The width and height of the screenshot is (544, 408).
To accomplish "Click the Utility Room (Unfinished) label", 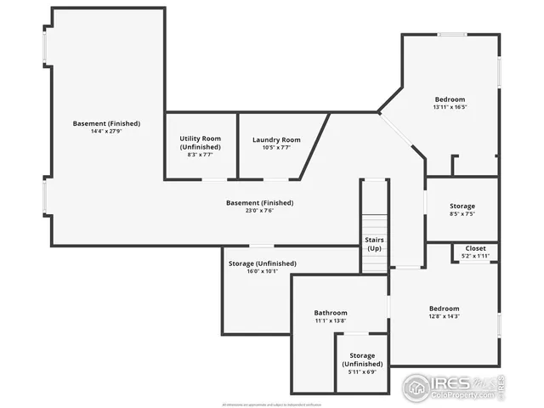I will click(201, 142).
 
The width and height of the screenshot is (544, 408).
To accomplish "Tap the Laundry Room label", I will click(276, 139).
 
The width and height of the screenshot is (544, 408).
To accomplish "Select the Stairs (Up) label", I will click(375, 244).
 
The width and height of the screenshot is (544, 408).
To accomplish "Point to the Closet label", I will click(475, 248).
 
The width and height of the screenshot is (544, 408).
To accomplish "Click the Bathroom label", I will click(331, 312).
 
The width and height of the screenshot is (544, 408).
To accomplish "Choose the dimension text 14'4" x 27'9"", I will click(106, 132).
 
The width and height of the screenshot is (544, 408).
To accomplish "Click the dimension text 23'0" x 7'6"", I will click(259, 211).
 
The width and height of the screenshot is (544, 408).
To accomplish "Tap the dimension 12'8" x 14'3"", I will click(444, 316).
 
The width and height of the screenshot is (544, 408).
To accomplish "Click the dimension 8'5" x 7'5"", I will click(462, 214).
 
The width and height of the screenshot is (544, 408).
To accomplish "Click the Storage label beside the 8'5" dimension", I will click(462, 206).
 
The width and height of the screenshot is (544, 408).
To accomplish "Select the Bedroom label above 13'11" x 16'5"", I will click(450, 99).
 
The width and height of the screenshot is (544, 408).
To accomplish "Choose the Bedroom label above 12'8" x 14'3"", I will click(444, 308).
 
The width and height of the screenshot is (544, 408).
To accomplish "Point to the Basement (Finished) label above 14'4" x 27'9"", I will click(106, 123).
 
